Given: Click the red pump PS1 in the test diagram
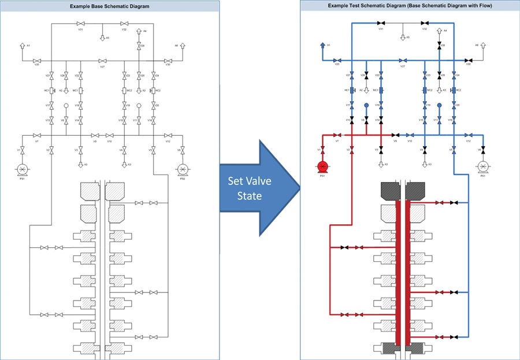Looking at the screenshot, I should pyautogui.click(x=322, y=167).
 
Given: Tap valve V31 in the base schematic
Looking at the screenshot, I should pyautogui.click(x=80, y=24).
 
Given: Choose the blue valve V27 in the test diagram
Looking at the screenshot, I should pyautogui.click(x=402, y=60).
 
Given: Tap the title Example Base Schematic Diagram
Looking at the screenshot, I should pyautogui.click(x=110, y=6).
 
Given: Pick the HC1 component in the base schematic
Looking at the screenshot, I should pyautogui.click(x=52, y=91).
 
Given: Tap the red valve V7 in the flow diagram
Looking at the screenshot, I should pyautogui.click(x=337, y=136).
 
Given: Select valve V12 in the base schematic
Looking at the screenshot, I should pyautogui.click(x=168, y=136).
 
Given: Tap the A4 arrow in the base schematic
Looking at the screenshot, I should pyautogui.click(x=139, y=32).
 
